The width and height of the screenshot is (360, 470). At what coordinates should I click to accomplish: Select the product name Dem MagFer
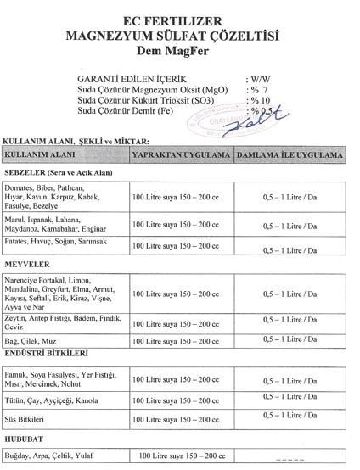coord(179,52)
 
